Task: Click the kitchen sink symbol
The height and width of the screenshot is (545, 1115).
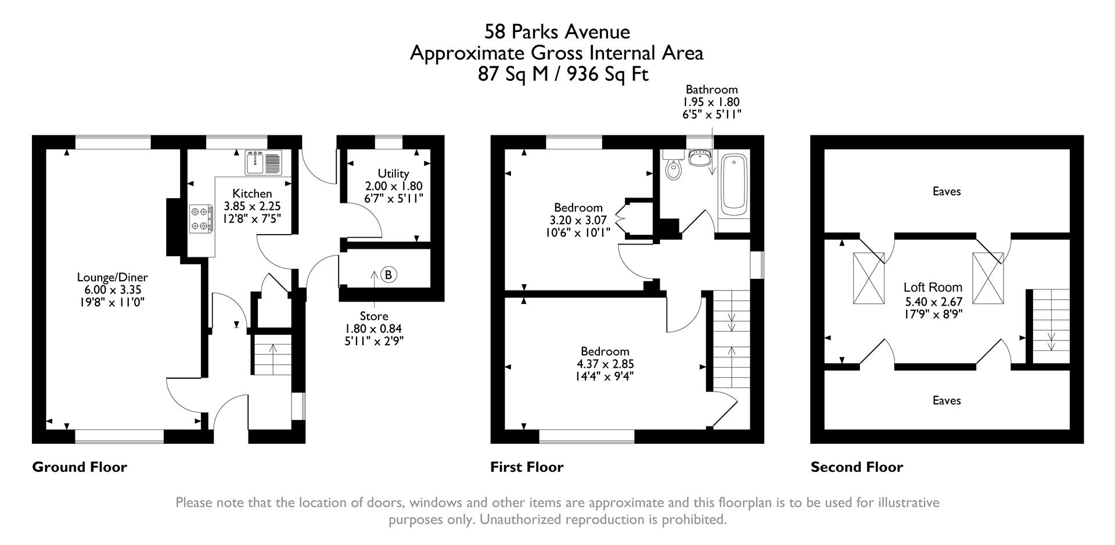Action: (x=263, y=162)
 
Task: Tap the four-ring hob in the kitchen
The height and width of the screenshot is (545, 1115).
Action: (x=200, y=219)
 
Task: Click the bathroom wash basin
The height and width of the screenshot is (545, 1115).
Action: (x=699, y=157)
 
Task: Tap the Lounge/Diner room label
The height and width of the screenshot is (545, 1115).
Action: (x=113, y=277)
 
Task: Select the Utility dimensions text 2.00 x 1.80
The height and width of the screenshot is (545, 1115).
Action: (x=393, y=186)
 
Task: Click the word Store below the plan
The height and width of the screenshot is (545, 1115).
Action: (x=373, y=316)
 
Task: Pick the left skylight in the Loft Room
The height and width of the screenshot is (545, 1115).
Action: (x=869, y=278)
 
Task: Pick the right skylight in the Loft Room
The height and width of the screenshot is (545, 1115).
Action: (x=988, y=278)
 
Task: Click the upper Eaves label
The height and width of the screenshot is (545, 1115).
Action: (x=947, y=191)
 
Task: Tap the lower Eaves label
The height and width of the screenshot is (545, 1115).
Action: (x=947, y=400)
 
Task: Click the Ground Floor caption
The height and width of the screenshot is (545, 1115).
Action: (x=80, y=467)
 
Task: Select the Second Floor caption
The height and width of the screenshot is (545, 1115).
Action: (x=857, y=467)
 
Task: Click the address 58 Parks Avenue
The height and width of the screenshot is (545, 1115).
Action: (x=557, y=31)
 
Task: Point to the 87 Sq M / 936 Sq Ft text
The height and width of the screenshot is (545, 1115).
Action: (x=563, y=74)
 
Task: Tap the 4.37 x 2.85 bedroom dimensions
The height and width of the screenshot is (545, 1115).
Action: (x=605, y=364)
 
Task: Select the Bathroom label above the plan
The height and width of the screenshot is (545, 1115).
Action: (x=711, y=89)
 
